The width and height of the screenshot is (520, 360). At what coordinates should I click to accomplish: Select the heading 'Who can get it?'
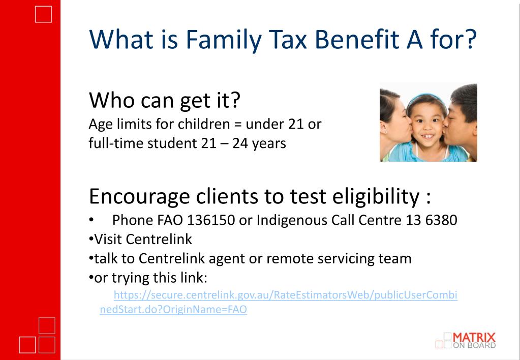coord(164,101)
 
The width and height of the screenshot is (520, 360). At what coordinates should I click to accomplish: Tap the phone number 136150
coord(211,220)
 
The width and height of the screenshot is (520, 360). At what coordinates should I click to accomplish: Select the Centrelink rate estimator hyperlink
coord(285,295)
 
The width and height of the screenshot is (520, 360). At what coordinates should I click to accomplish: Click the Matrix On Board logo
coord(466,340)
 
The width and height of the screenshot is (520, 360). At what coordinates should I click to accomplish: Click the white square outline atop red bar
coord(44,14)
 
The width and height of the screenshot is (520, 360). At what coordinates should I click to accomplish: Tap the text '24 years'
coord(259,143)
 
